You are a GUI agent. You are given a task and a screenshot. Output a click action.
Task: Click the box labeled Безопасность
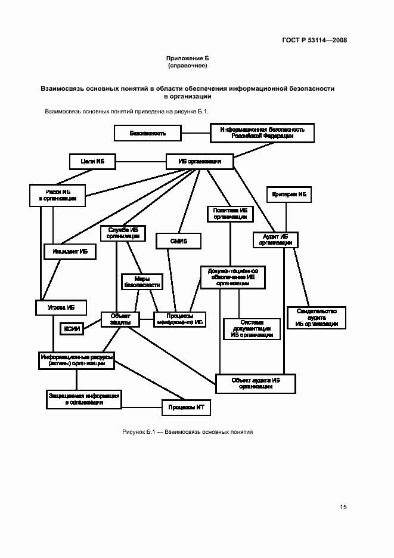pyautogui.click(x=147, y=133)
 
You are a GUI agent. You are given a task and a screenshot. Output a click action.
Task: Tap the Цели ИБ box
pyautogui.click(x=92, y=161)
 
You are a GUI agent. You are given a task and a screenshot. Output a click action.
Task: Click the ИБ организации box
pyautogui.click(x=200, y=161)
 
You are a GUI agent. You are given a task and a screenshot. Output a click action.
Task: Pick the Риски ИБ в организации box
pyautogui.click(x=57, y=195)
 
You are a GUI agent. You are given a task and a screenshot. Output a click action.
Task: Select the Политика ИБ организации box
pyautogui.click(x=229, y=214)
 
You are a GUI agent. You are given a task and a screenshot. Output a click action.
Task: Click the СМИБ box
pyautogui.click(x=179, y=241)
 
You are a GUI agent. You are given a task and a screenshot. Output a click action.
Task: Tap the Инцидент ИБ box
pyautogui.click(x=70, y=252)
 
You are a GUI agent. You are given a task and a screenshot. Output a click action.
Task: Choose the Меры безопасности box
pyautogui.click(x=141, y=282)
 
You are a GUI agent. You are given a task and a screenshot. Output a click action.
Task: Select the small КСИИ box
pyautogui.click(x=72, y=328)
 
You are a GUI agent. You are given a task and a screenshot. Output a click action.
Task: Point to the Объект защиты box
pyautogui.click(x=120, y=319)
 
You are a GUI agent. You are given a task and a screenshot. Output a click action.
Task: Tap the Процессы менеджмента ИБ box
pyautogui.click(x=180, y=319)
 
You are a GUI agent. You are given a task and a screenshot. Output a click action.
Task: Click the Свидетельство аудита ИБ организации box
pyautogui.click(x=316, y=317)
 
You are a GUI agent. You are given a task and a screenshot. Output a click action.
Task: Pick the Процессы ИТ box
pyautogui.click(x=187, y=408)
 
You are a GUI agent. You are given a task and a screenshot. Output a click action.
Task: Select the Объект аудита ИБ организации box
pyautogui.click(x=256, y=383)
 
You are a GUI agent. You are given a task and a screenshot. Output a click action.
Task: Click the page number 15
pyautogui.click(x=343, y=507)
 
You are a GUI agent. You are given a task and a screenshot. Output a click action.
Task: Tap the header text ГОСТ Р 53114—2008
pyautogui.click(x=314, y=41)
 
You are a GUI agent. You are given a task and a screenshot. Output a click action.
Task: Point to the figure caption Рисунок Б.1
pyautogui.click(x=188, y=431)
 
